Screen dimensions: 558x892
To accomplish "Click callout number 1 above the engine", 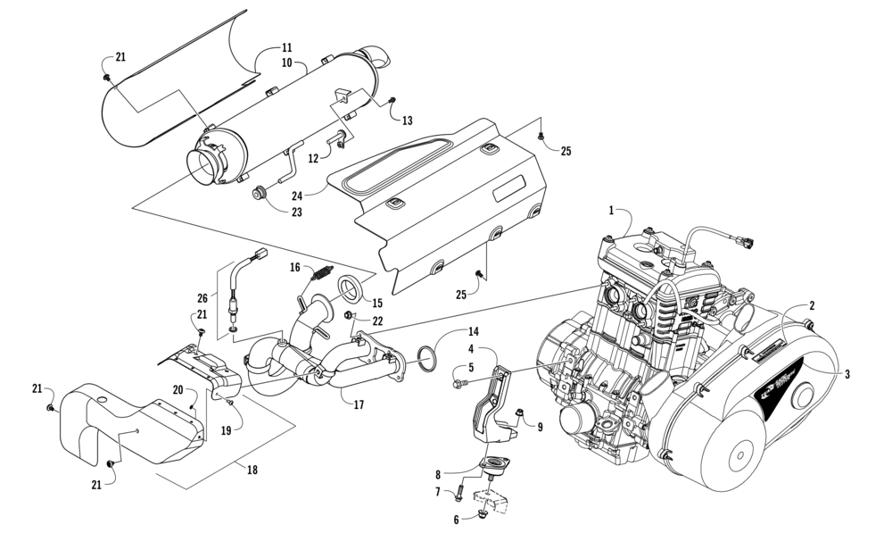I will [x=612, y=211].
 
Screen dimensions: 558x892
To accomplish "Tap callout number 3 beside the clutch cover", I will [x=846, y=375].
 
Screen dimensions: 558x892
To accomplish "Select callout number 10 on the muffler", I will [x=287, y=64].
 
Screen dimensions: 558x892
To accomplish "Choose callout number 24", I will [x=296, y=194].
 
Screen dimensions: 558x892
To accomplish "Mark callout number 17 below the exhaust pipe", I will [x=359, y=405].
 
